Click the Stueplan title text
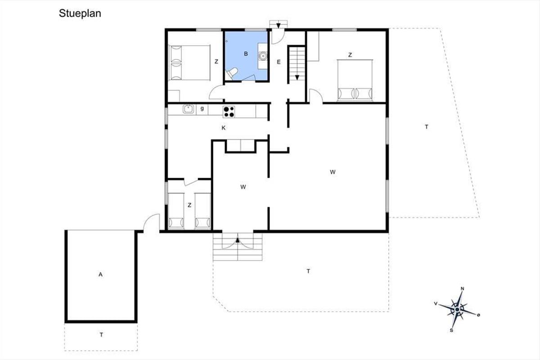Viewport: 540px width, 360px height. pos(80,13)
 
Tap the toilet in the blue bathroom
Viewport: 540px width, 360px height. pos(232,73)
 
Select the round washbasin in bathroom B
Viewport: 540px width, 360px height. pos(262,56)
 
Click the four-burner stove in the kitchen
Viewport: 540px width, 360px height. pos(229,112)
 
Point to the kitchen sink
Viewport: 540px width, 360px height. pos(188,109)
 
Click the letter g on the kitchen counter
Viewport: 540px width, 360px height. pos(202,109)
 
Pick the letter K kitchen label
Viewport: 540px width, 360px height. pos(224,128)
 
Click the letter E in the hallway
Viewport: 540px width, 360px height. pos(279,62)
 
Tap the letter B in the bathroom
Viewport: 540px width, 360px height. pos(246,54)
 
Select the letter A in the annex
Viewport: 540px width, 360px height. pos(100,274)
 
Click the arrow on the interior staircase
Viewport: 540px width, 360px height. pos(297,77)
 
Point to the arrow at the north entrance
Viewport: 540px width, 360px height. pos(279,26)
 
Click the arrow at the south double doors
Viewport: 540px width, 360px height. pos(238,240)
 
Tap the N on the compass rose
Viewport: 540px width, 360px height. pos(463,288)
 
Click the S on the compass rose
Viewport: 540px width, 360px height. pos(451,331)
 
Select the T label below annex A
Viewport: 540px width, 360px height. pos(101,335)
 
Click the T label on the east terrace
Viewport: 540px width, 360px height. pos(427,127)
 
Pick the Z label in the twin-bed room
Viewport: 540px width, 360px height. pos(189,205)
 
